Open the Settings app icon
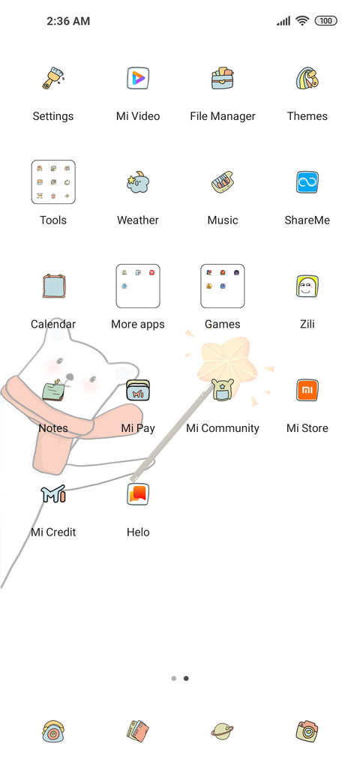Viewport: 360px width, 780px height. coord(53,78)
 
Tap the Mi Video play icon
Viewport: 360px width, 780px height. coord(138,78)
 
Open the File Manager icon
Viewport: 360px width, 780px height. coord(222,78)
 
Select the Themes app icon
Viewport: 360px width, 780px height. coord(307,78)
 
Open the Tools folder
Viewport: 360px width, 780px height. coord(53,182)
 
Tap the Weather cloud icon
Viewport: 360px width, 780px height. coord(138,182)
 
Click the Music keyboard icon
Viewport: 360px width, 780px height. coord(222,182)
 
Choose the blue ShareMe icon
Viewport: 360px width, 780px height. coord(307,182)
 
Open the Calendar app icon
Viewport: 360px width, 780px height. coord(53,286)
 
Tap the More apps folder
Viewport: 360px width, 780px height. coord(138,286)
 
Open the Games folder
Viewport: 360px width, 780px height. coord(222,286)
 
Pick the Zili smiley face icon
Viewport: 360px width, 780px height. coord(307,286)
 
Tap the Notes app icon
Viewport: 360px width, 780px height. coord(54,389)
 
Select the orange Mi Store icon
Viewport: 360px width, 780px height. coord(307,390)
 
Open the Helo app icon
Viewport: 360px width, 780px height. coord(138,494)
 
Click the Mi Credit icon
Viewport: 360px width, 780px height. coord(53,494)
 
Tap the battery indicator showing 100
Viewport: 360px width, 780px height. coord(326,21)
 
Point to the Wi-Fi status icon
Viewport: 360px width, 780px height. coord(301,21)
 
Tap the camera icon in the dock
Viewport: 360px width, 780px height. coord(307,731)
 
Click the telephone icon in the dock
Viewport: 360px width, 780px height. coord(53,731)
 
